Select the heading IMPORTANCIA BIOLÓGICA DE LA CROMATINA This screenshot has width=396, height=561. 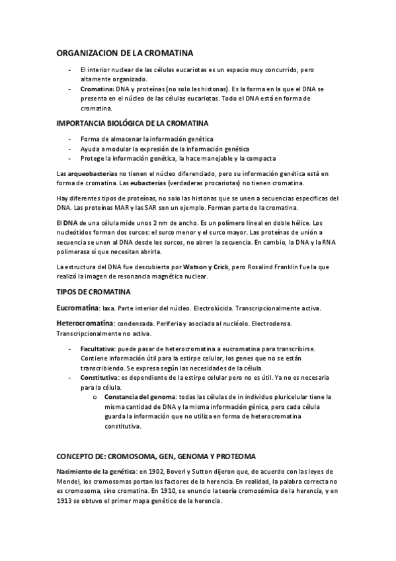click(132, 123)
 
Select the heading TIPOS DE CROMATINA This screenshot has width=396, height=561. click(93, 291)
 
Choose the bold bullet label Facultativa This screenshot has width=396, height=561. click(98, 348)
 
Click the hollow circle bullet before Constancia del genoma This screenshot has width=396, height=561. click(96, 396)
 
